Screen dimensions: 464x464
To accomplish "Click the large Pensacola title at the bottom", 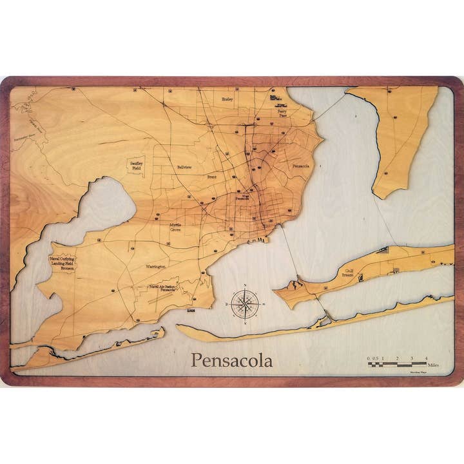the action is (231, 360).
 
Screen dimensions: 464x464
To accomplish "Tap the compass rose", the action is (245, 303).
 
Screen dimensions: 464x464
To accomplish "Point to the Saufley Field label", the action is (137, 165).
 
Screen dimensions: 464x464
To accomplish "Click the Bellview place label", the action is (185, 167).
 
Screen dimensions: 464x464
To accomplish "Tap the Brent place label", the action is (211, 176).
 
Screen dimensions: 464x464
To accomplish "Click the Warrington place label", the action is (155, 266).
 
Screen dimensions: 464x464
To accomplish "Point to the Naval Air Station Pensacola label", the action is (162, 288).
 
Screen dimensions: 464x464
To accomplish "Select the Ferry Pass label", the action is (282, 113).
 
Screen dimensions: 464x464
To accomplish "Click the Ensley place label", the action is (227, 99).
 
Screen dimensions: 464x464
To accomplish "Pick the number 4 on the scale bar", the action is (426, 358).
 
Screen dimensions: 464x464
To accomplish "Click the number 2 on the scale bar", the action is (398, 358).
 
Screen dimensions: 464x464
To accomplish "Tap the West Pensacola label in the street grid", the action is (242, 198).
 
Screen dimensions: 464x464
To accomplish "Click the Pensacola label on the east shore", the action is (301, 166).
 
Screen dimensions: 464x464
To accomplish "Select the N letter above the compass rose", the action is (245, 285).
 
